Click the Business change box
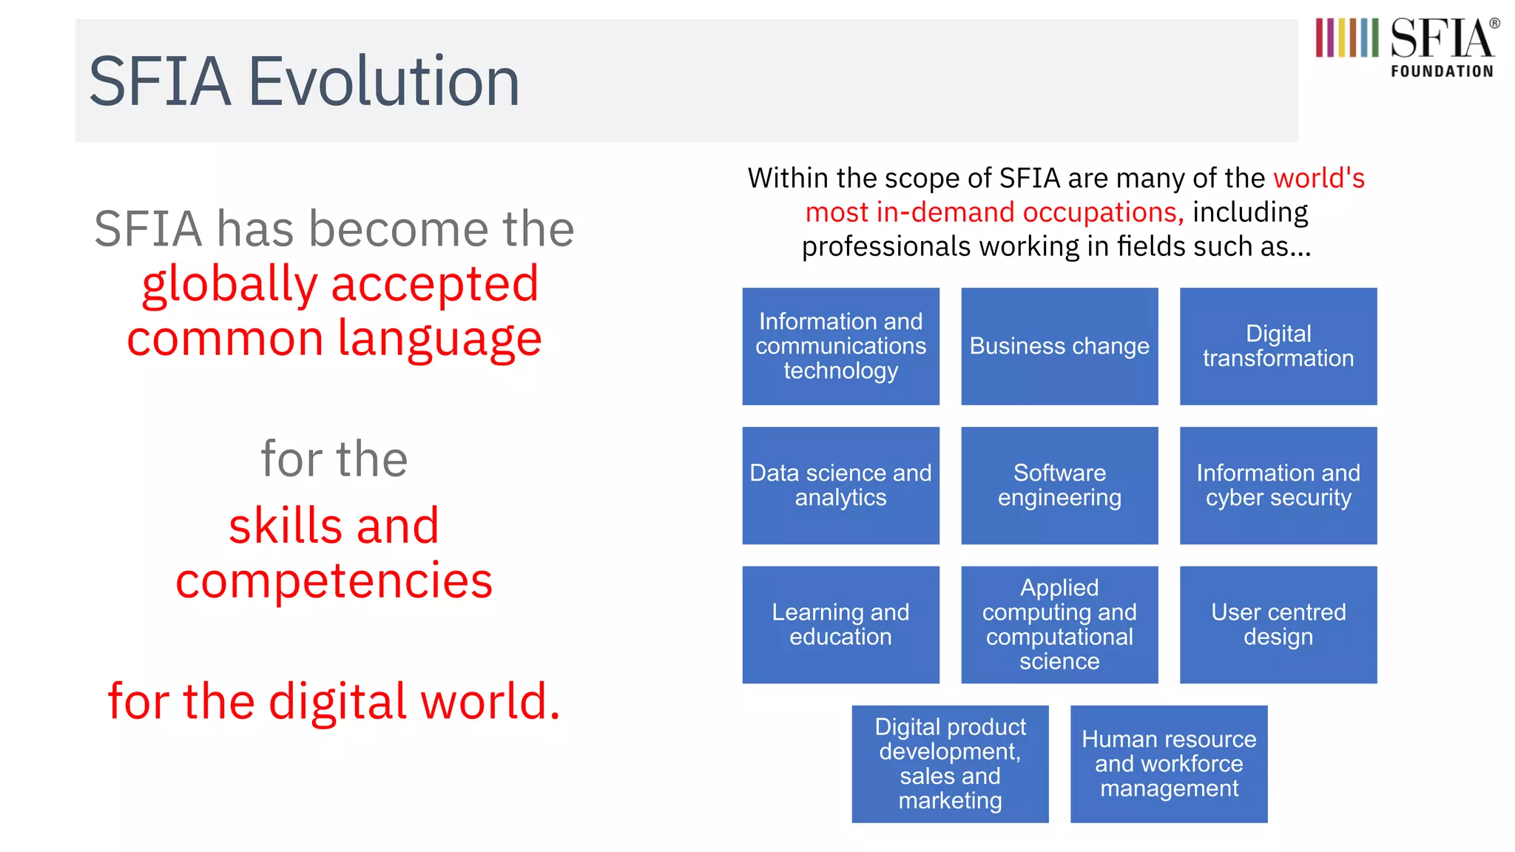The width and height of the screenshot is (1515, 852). (1059, 346)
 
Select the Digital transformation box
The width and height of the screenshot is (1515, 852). (1278, 346)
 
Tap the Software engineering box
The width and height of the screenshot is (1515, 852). (1059, 485)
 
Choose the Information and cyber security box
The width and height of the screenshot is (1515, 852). (1278, 485)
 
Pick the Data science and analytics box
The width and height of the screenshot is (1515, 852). (840, 485)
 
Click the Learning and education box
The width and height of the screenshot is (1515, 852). (840, 624)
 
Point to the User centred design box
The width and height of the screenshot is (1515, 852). (1278, 624)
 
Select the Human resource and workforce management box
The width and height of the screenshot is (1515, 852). (1168, 763)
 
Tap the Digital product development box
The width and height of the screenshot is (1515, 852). (950, 763)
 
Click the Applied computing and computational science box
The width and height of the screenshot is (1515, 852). (1059, 624)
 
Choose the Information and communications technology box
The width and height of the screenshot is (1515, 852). (840, 346)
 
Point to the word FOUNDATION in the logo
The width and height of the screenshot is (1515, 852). (1442, 72)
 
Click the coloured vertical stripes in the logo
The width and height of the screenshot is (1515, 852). (1346, 38)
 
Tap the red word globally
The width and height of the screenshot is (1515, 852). (229, 285)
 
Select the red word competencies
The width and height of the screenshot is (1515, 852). (334, 581)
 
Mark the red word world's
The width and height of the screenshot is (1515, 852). (1318, 178)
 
